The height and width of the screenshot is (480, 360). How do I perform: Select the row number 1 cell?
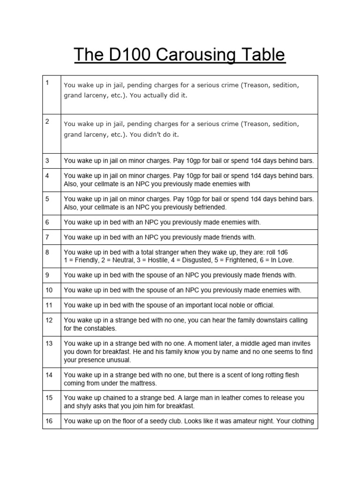[52, 95]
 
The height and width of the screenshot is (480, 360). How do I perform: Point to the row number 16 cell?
[52, 421]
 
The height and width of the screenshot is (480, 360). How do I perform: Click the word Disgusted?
[190, 260]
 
